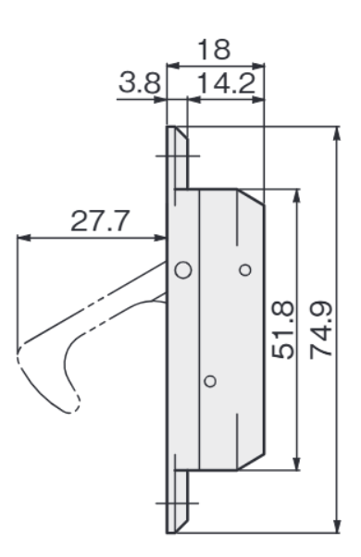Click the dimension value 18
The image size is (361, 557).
(x=214, y=50)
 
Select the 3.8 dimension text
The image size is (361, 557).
(x=139, y=83)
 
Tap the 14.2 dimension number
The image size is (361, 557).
(x=226, y=83)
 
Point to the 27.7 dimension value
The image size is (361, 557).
(x=99, y=221)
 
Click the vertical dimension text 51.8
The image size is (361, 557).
(x=283, y=329)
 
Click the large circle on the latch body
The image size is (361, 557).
(x=183, y=270)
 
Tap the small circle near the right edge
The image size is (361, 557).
(x=245, y=270)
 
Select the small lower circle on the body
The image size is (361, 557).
(x=210, y=381)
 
